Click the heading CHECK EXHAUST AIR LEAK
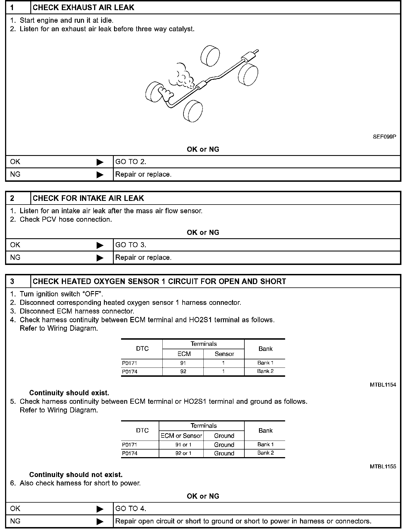point(83,8)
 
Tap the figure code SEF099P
point(384,137)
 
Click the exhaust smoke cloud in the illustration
point(182,75)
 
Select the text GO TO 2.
point(131,162)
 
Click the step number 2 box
point(18,198)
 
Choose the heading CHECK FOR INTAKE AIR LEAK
point(88,198)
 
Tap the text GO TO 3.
point(131,245)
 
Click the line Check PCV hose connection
point(65,219)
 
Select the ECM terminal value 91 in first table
point(183,363)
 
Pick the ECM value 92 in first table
point(183,371)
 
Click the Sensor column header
point(224,354)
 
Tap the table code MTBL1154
point(383,385)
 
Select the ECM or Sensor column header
point(181,436)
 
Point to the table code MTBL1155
point(383,466)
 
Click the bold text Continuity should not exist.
point(76,475)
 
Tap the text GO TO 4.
point(131,509)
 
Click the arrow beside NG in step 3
point(100,521)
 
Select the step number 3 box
point(18,282)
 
